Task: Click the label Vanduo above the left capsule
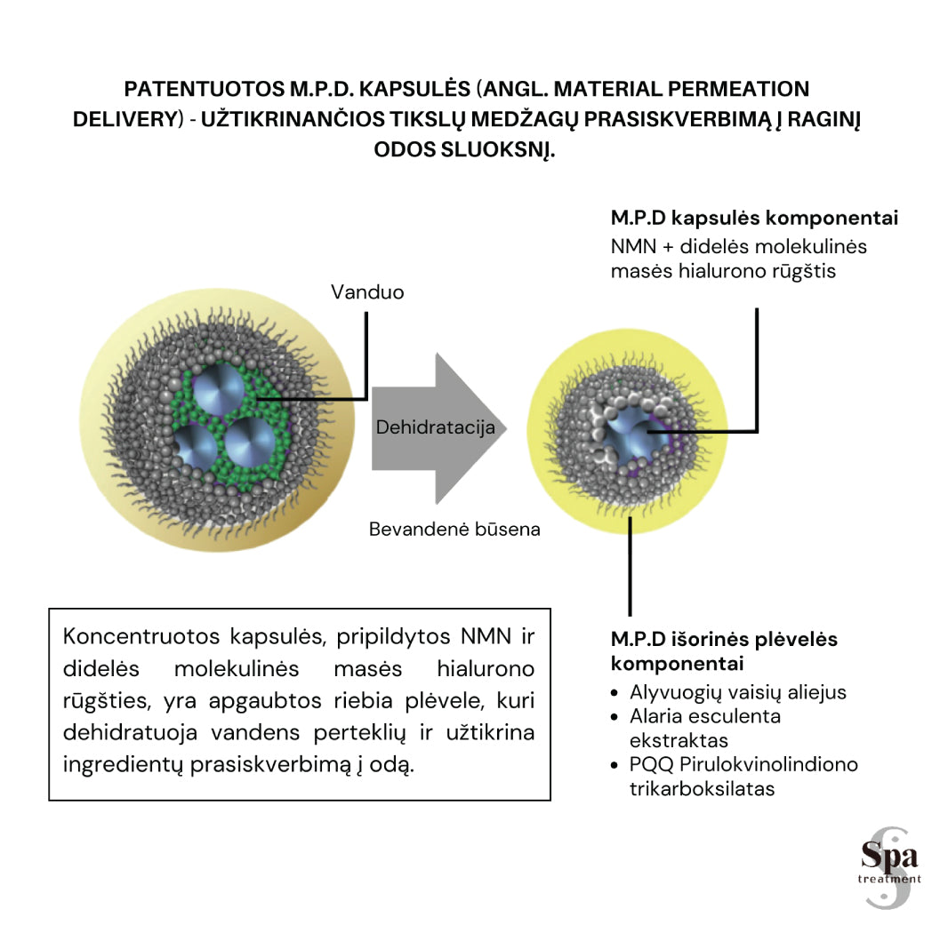[367, 291]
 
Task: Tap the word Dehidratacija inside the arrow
[435, 427]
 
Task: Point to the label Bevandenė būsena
[454, 530]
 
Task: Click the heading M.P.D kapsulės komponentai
[754, 219]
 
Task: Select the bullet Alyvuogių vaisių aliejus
[737, 692]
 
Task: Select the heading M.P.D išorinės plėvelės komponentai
[724, 651]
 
